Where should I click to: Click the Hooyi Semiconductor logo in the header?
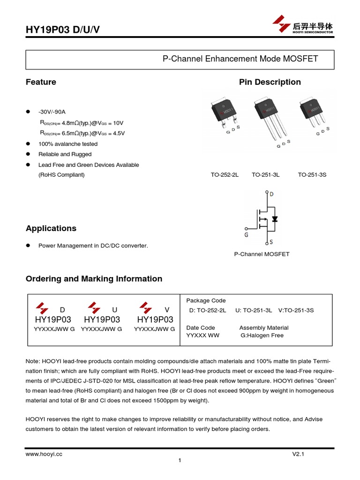click(303, 25)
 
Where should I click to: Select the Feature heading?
click(41, 82)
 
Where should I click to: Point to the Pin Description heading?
click(270, 82)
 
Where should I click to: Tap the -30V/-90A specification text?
click(52, 112)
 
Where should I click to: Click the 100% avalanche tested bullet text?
click(68, 144)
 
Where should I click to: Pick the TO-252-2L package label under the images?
click(225, 175)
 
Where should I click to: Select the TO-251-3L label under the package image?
click(265, 175)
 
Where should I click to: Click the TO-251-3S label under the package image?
click(312, 175)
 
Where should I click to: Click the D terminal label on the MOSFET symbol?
click(272, 194)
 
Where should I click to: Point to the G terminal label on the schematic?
click(247, 234)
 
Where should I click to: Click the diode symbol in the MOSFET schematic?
click(275, 219)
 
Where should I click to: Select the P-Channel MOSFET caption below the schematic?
click(262, 254)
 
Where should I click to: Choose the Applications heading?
click(51, 228)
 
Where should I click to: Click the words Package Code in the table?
click(206, 300)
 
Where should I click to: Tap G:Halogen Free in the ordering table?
click(262, 335)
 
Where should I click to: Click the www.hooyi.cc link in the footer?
click(44, 454)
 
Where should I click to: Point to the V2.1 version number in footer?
click(299, 454)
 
